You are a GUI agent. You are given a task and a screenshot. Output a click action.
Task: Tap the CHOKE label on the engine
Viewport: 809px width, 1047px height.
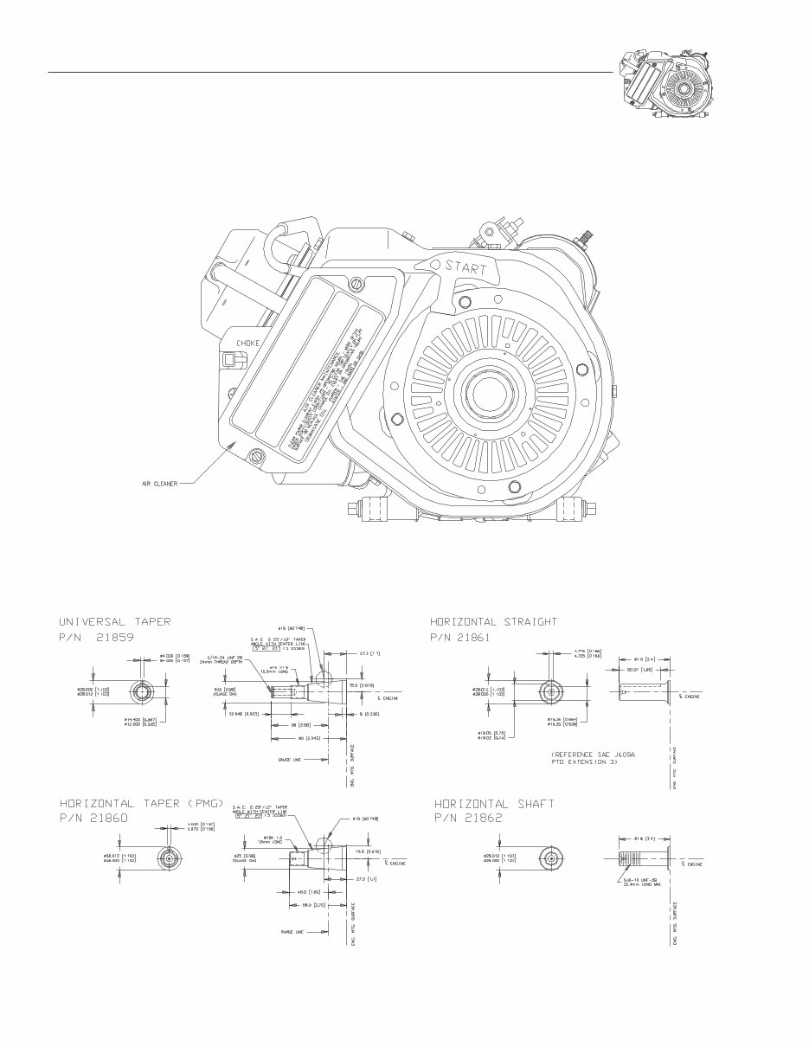click(248, 344)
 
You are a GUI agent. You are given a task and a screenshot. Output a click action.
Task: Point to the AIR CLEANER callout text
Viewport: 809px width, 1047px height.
click(160, 484)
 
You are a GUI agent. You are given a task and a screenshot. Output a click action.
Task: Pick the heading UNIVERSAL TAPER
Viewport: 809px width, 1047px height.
click(114, 621)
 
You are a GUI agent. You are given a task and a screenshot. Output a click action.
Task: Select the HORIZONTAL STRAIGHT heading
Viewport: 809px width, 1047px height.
click(494, 621)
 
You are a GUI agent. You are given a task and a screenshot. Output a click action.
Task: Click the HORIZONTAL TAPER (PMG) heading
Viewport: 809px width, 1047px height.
click(141, 803)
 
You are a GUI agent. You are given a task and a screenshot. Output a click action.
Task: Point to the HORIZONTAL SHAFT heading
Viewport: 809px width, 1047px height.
click(494, 803)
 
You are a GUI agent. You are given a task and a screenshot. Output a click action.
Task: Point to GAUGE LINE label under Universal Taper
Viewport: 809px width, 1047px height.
click(289, 760)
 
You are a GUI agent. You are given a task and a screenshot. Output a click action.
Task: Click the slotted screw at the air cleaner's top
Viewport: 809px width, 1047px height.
click(356, 284)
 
